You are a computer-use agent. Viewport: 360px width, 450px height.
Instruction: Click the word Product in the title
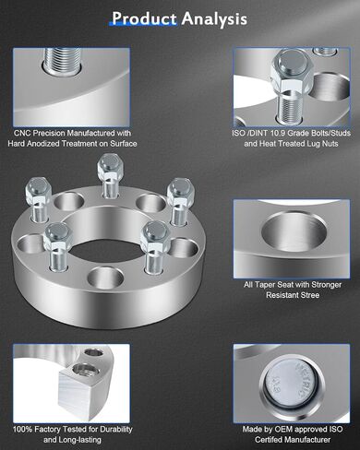144,18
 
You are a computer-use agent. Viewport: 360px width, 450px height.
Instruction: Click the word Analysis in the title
214,19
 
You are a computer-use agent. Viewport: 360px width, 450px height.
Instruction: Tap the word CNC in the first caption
22,134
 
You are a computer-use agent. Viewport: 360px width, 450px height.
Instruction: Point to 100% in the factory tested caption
22,430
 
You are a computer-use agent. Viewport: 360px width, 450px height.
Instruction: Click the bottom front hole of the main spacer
105,278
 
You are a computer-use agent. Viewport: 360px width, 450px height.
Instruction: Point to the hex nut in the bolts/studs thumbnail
292,71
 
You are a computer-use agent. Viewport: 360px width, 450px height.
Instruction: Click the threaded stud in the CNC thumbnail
63,60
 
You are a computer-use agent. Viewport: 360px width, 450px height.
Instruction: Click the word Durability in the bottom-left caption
116,430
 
